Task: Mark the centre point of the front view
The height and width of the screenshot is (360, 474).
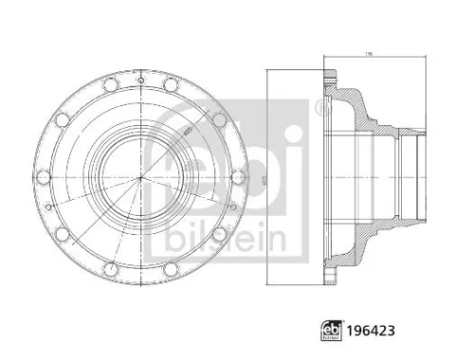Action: click(x=138, y=177)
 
